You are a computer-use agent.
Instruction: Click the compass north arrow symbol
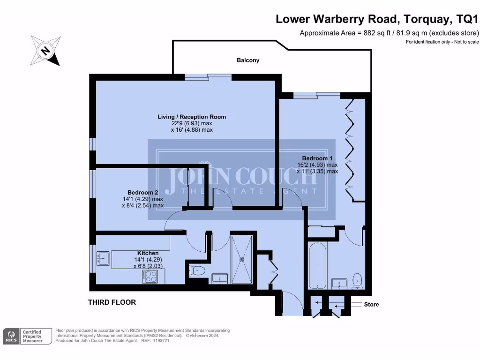(45, 51)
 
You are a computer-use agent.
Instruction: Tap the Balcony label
(248, 60)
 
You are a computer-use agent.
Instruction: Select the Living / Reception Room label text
(192, 117)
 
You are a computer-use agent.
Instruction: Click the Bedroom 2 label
(142, 193)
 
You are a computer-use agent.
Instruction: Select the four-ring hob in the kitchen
(150, 277)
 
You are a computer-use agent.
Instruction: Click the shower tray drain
(242, 258)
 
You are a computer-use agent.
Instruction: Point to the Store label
(371, 305)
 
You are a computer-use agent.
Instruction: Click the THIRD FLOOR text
(112, 302)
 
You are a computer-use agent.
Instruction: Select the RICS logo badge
(11, 336)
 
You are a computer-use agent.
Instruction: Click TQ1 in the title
(467, 19)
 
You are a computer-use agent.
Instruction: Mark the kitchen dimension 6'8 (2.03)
(149, 266)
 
